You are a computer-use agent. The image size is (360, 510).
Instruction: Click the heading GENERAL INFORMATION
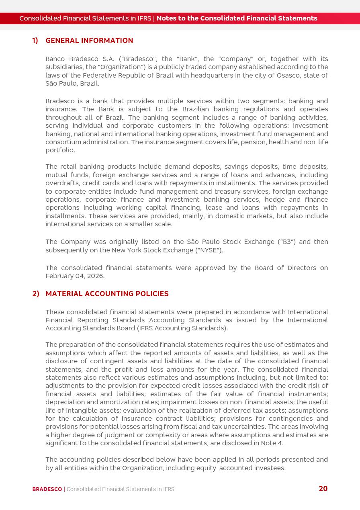pyautogui.click(x=89, y=41)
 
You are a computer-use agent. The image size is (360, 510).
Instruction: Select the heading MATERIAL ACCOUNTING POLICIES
pyautogui.click(x=107, y=294)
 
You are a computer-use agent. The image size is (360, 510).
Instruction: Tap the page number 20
pyautogui.click(x=323, y=489)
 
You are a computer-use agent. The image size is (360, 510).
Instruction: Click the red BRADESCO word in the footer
pyautogui.click(x=47, y=489)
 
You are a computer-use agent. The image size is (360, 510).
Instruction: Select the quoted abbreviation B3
pyautogui.click(x=286, y=242)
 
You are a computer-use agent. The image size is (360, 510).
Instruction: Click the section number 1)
pyautogui.click(x=35, y=41)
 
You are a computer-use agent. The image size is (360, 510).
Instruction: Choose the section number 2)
pyautogui.click(x=35, y=294)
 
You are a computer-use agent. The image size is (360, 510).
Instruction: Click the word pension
pyautogui.click(x=254, y=142)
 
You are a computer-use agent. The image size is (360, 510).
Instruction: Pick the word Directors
pyautogui.click(x=299, y=268)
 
